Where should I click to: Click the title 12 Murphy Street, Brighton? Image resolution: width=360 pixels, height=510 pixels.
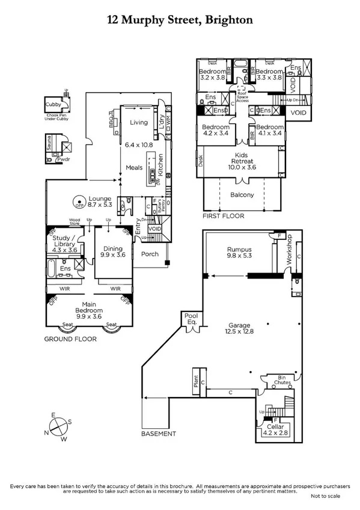[180, 20]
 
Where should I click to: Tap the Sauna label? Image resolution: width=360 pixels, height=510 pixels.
[50, 138]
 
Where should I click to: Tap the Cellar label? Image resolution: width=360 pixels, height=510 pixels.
[275, 425]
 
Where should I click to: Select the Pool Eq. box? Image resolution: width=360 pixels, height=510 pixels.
[191, 318]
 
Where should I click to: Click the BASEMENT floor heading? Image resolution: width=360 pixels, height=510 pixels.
[159, 433]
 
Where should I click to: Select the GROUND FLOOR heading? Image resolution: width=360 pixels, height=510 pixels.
[70, 339]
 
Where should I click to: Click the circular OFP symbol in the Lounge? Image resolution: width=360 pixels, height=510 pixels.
[78, 203]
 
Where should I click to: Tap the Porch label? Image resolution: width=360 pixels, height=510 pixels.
[150, 254]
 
